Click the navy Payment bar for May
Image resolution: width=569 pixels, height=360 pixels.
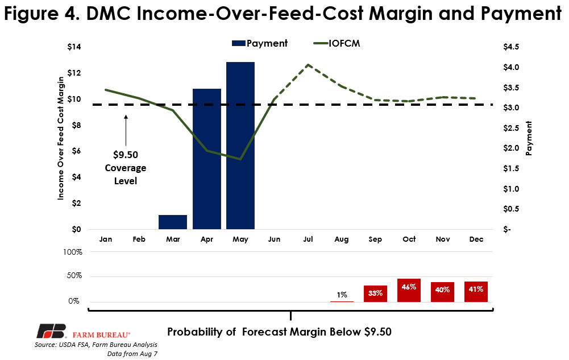coord(240,146)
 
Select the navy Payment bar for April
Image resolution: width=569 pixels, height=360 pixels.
coord(207,159)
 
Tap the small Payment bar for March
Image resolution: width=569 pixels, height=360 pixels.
coord(173,222)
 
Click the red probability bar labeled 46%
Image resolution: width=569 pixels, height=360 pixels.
coord(409,290)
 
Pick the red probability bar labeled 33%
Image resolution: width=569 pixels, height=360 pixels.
coord(375,293)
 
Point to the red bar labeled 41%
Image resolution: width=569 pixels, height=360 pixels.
coord(476,291)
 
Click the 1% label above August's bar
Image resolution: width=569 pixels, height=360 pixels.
coord(342,295)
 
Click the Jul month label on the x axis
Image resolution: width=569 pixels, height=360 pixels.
coord(307,239)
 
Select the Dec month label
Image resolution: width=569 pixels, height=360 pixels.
coord(476,239)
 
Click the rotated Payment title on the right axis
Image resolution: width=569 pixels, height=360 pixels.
coord(529,138)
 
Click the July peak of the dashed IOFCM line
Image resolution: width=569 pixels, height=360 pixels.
coord(308,65)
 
